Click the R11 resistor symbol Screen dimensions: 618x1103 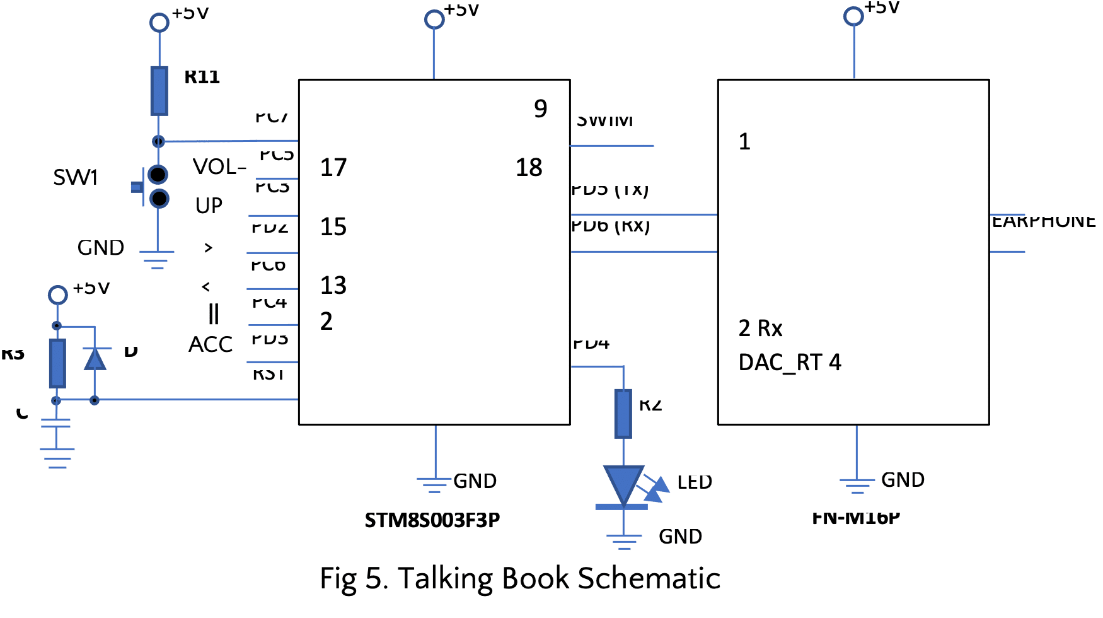tap(159, 91)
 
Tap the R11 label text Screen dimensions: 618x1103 tap(202, 78)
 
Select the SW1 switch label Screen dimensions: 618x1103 tap(76, 178)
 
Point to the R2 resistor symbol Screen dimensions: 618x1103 tap(623, 413)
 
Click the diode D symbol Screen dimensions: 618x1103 tap(95, 359)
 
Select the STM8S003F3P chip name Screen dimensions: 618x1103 tap(432, 520)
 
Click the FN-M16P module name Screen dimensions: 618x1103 tap(856, 518)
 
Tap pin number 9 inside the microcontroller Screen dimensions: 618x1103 tap(540, 109)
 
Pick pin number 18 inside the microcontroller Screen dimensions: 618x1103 tap(529, 168)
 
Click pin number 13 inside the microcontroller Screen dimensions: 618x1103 tap(333, 286)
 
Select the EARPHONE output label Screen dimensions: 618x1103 tap(1043, 222)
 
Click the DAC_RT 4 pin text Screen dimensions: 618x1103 tap(789, 363)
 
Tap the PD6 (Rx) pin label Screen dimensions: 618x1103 tap(610, 226)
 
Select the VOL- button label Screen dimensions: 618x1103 tap(219, 167)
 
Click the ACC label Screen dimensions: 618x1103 tap(211, 345)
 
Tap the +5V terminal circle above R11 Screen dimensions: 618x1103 tap(159, 23)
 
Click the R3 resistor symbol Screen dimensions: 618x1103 tap(57, 363)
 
